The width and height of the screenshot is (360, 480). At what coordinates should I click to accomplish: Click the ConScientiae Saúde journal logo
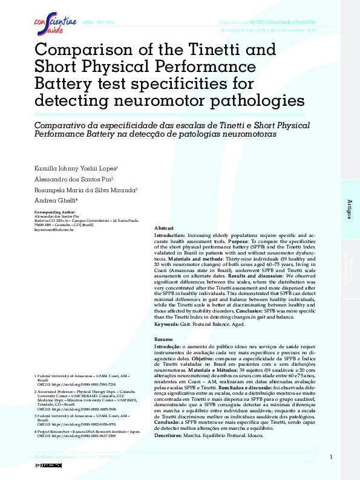54,25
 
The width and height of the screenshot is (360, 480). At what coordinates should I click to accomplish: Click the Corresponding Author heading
55,212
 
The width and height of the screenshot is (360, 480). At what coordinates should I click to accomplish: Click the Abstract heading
164,228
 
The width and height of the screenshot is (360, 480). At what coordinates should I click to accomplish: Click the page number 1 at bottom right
331,457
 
